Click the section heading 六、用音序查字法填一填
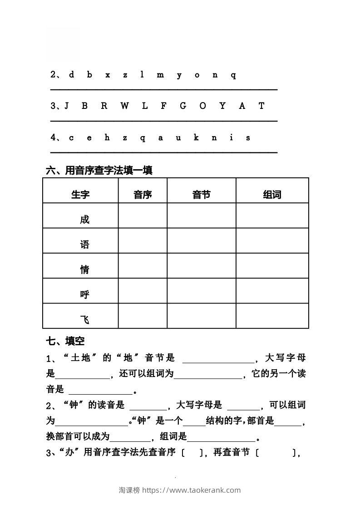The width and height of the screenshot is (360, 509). [99, 170]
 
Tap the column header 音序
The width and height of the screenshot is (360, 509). [143, 195]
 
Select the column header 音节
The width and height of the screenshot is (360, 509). [201, 195]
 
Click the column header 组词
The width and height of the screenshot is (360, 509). [272, 195]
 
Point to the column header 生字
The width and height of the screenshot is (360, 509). [80, 195]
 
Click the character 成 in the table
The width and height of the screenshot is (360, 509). [84, 220]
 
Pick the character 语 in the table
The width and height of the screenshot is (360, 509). [84, 245]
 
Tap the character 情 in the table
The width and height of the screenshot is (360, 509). [84, 270]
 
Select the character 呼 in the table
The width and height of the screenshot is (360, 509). [84, 295]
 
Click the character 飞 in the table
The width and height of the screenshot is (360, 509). [84, 320]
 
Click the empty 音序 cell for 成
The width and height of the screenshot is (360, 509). [143, 215]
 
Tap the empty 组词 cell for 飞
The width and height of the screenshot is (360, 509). [272, 316]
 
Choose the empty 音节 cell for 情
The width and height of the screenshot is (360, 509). [201, 266]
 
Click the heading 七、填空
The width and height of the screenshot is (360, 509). [65, 341]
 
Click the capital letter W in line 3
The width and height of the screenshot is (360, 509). [124, 106]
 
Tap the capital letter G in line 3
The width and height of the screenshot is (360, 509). [183, 106]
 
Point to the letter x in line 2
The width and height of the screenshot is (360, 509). [108, 75]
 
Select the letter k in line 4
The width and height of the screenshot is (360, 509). [196, 137]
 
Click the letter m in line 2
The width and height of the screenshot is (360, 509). [160, 75]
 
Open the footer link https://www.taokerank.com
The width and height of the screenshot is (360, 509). [192, 490]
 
